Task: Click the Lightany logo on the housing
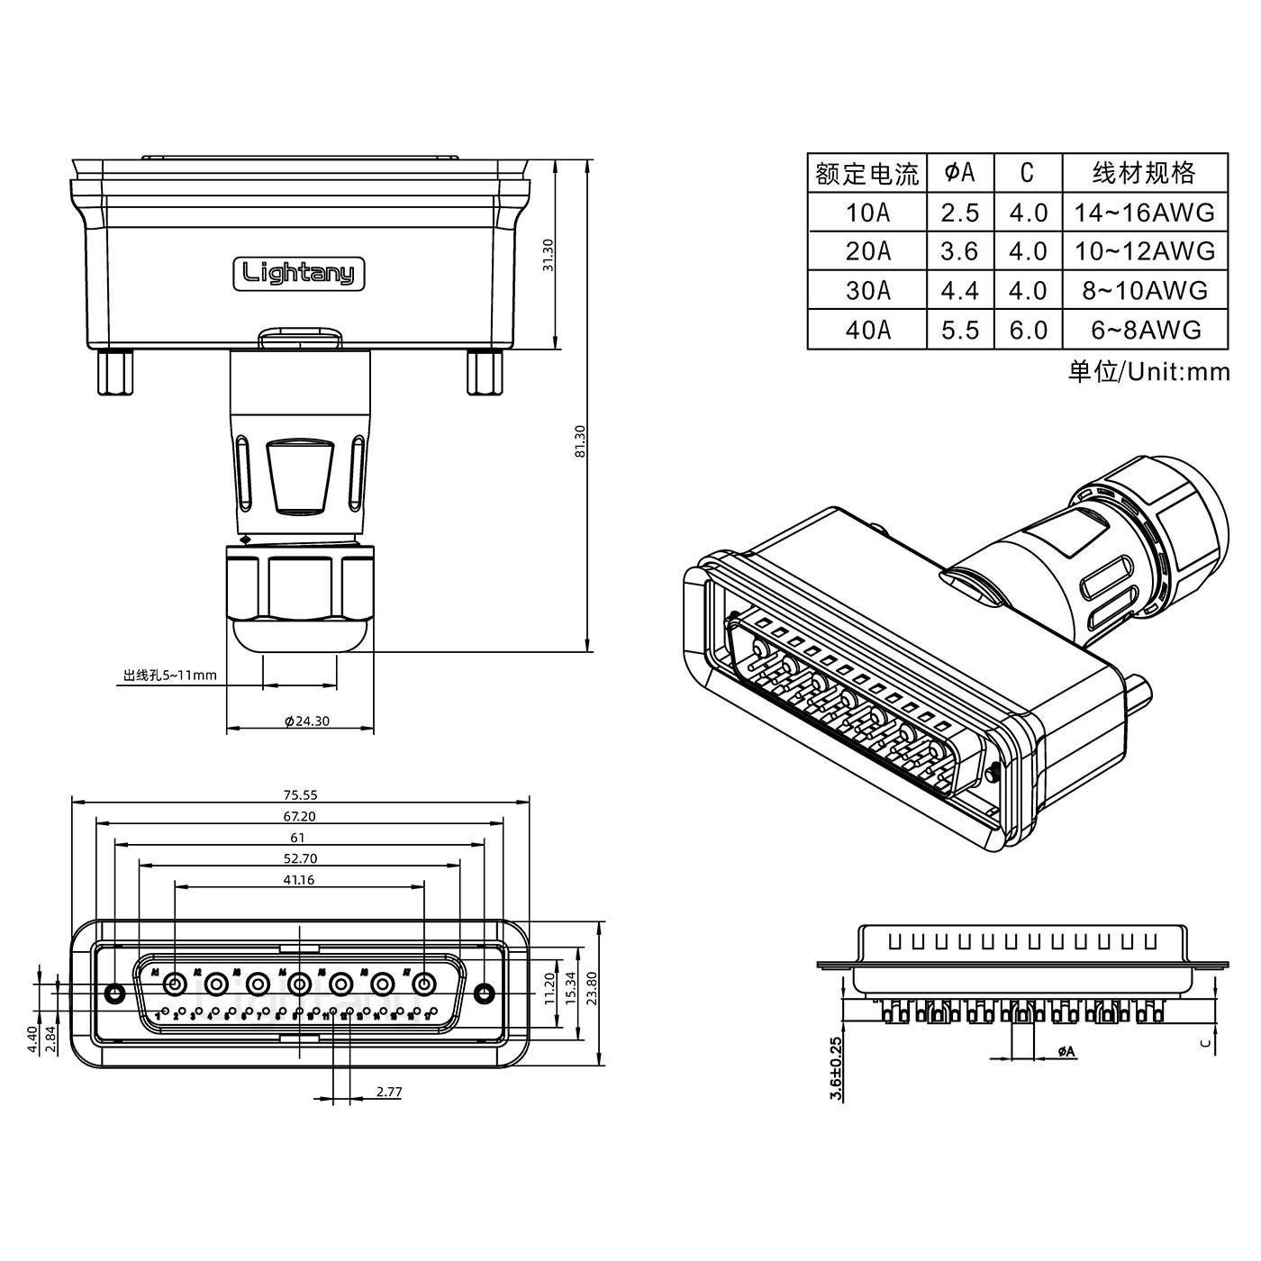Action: click(x=299, y=273)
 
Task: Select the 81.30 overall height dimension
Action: click(x=580, y=441)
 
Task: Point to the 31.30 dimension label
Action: click(x=548, y=256)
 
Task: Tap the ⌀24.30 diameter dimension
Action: click(x=306, y=721)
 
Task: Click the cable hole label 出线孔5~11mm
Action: click(x=169, y=675)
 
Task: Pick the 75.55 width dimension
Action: click(x=300, y=795)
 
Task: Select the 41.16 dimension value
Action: click(x=298, y=880)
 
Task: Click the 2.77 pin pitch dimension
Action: click(x=388, y=1092)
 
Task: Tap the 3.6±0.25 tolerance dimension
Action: click(x=837, y=1069)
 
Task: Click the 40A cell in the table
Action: click(x=867, y=331)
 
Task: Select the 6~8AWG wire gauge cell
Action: click(x=1145, y=331)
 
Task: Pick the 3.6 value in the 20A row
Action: click(x=959, y=251)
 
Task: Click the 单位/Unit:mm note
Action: click(x=1148, y=371)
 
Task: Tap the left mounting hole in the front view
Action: click(x=114, y=993)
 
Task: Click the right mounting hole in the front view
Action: click(x=485, y=993)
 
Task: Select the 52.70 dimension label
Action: click(x=300, y=858)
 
